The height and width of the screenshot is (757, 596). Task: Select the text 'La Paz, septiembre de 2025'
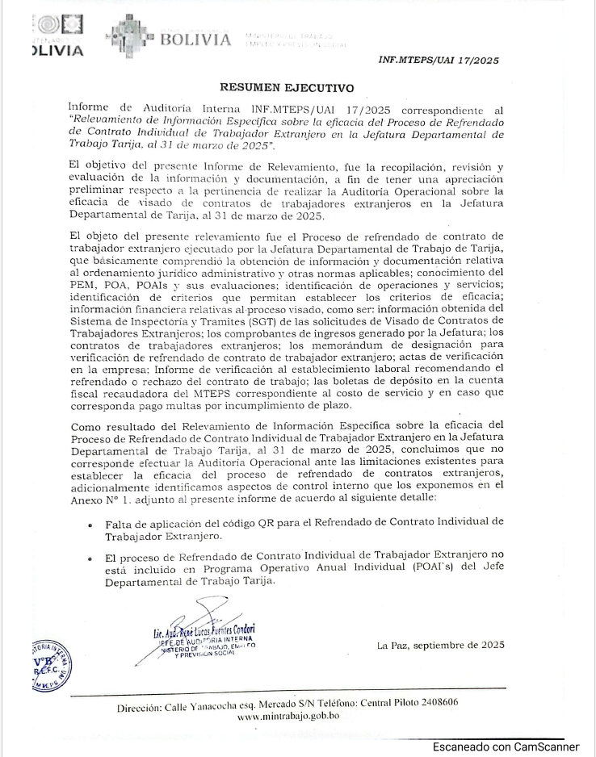tap(440, 644)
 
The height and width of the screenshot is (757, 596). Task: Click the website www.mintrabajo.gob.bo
tap(288, 715)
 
